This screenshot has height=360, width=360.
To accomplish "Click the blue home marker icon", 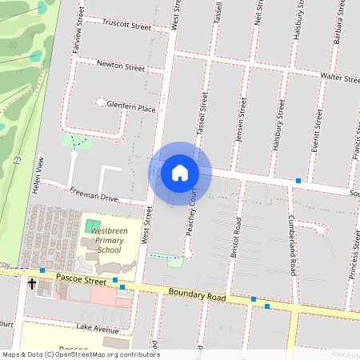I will (x=180, y=172).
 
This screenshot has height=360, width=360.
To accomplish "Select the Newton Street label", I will (x=120, y=65).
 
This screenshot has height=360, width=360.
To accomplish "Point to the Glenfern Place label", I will (x=131, y=107).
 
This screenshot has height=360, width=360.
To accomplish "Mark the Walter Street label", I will (x=339, y=78).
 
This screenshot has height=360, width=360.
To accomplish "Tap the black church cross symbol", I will (x=33, y=283).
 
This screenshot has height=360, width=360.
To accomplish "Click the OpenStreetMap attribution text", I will (x=80, y=354).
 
